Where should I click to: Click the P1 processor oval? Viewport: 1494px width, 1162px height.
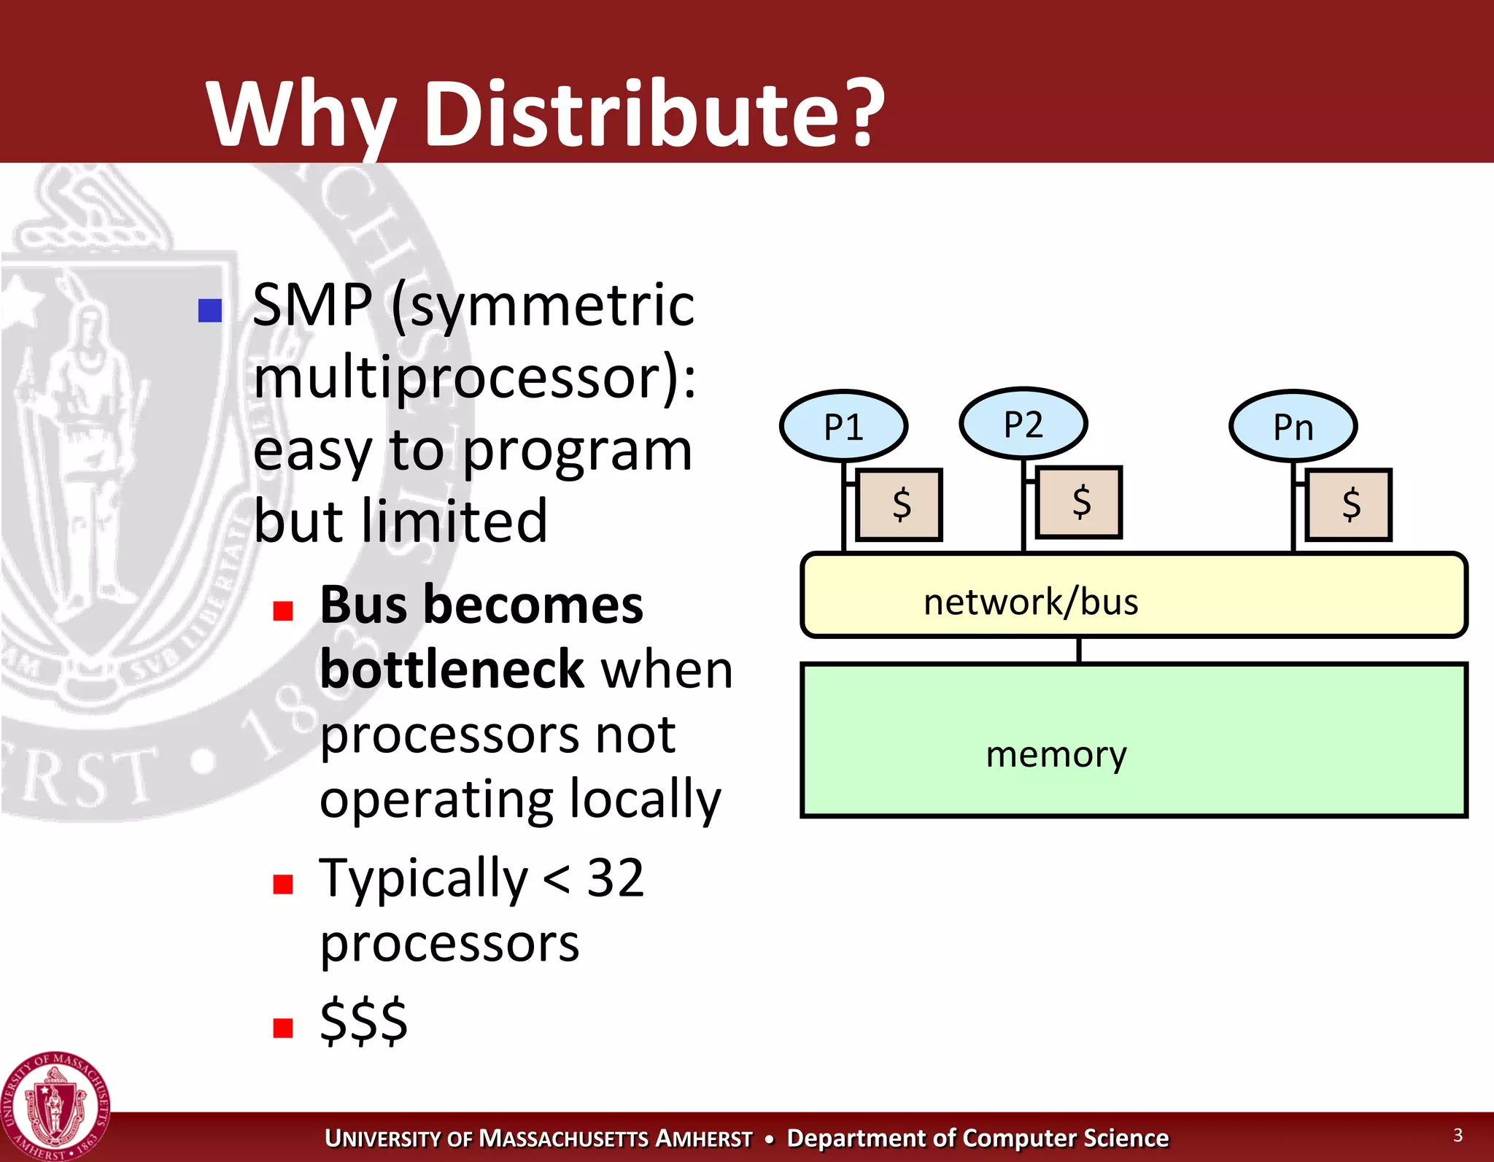pyautogui.click(x=843, y=426)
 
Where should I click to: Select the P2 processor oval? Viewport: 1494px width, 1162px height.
pyautogui.click(x=1023, y=424)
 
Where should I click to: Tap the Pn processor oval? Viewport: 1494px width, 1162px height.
pyautogui.click(x=1293, y=426)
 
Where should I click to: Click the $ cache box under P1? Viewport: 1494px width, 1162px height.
pyautogui.click(x=899, y=505)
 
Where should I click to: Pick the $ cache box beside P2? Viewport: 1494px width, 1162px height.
pyautogui.click(x=1079, y=503)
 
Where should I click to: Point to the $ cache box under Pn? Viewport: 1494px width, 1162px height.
pyautogui.click(x=1348, y=505)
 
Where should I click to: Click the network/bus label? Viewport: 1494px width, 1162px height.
pyautogui.click(x=1030, y=602)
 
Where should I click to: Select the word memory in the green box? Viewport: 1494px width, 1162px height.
pyautogui.click(x=1056, y=754)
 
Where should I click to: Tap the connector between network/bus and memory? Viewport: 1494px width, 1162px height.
pyautogui.click(x=1079, y=650)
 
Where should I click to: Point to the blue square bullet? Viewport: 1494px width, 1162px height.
pyautogui.click(x=210, y=311)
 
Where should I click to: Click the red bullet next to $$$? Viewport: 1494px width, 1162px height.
pyautogui.click(x=282, y=1028)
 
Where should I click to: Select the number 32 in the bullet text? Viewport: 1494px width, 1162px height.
pyautogui.click(x=616, y=877)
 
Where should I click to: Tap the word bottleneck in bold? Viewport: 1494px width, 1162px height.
pyautogui.click(x=452, y=669)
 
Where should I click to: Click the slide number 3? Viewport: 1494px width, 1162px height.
pyautogui.click(x=1458, y=1135)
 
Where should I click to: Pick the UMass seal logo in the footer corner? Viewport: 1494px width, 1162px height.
pyautogui.click(x=55, y=1107)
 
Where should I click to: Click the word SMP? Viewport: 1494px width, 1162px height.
pyautogui.click(x=312, y=305)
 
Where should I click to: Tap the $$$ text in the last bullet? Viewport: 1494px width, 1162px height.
pyautogui.click(x=363, y=1020)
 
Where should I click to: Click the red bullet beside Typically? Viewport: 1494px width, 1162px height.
pyautogui.click(x=282, y=884)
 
